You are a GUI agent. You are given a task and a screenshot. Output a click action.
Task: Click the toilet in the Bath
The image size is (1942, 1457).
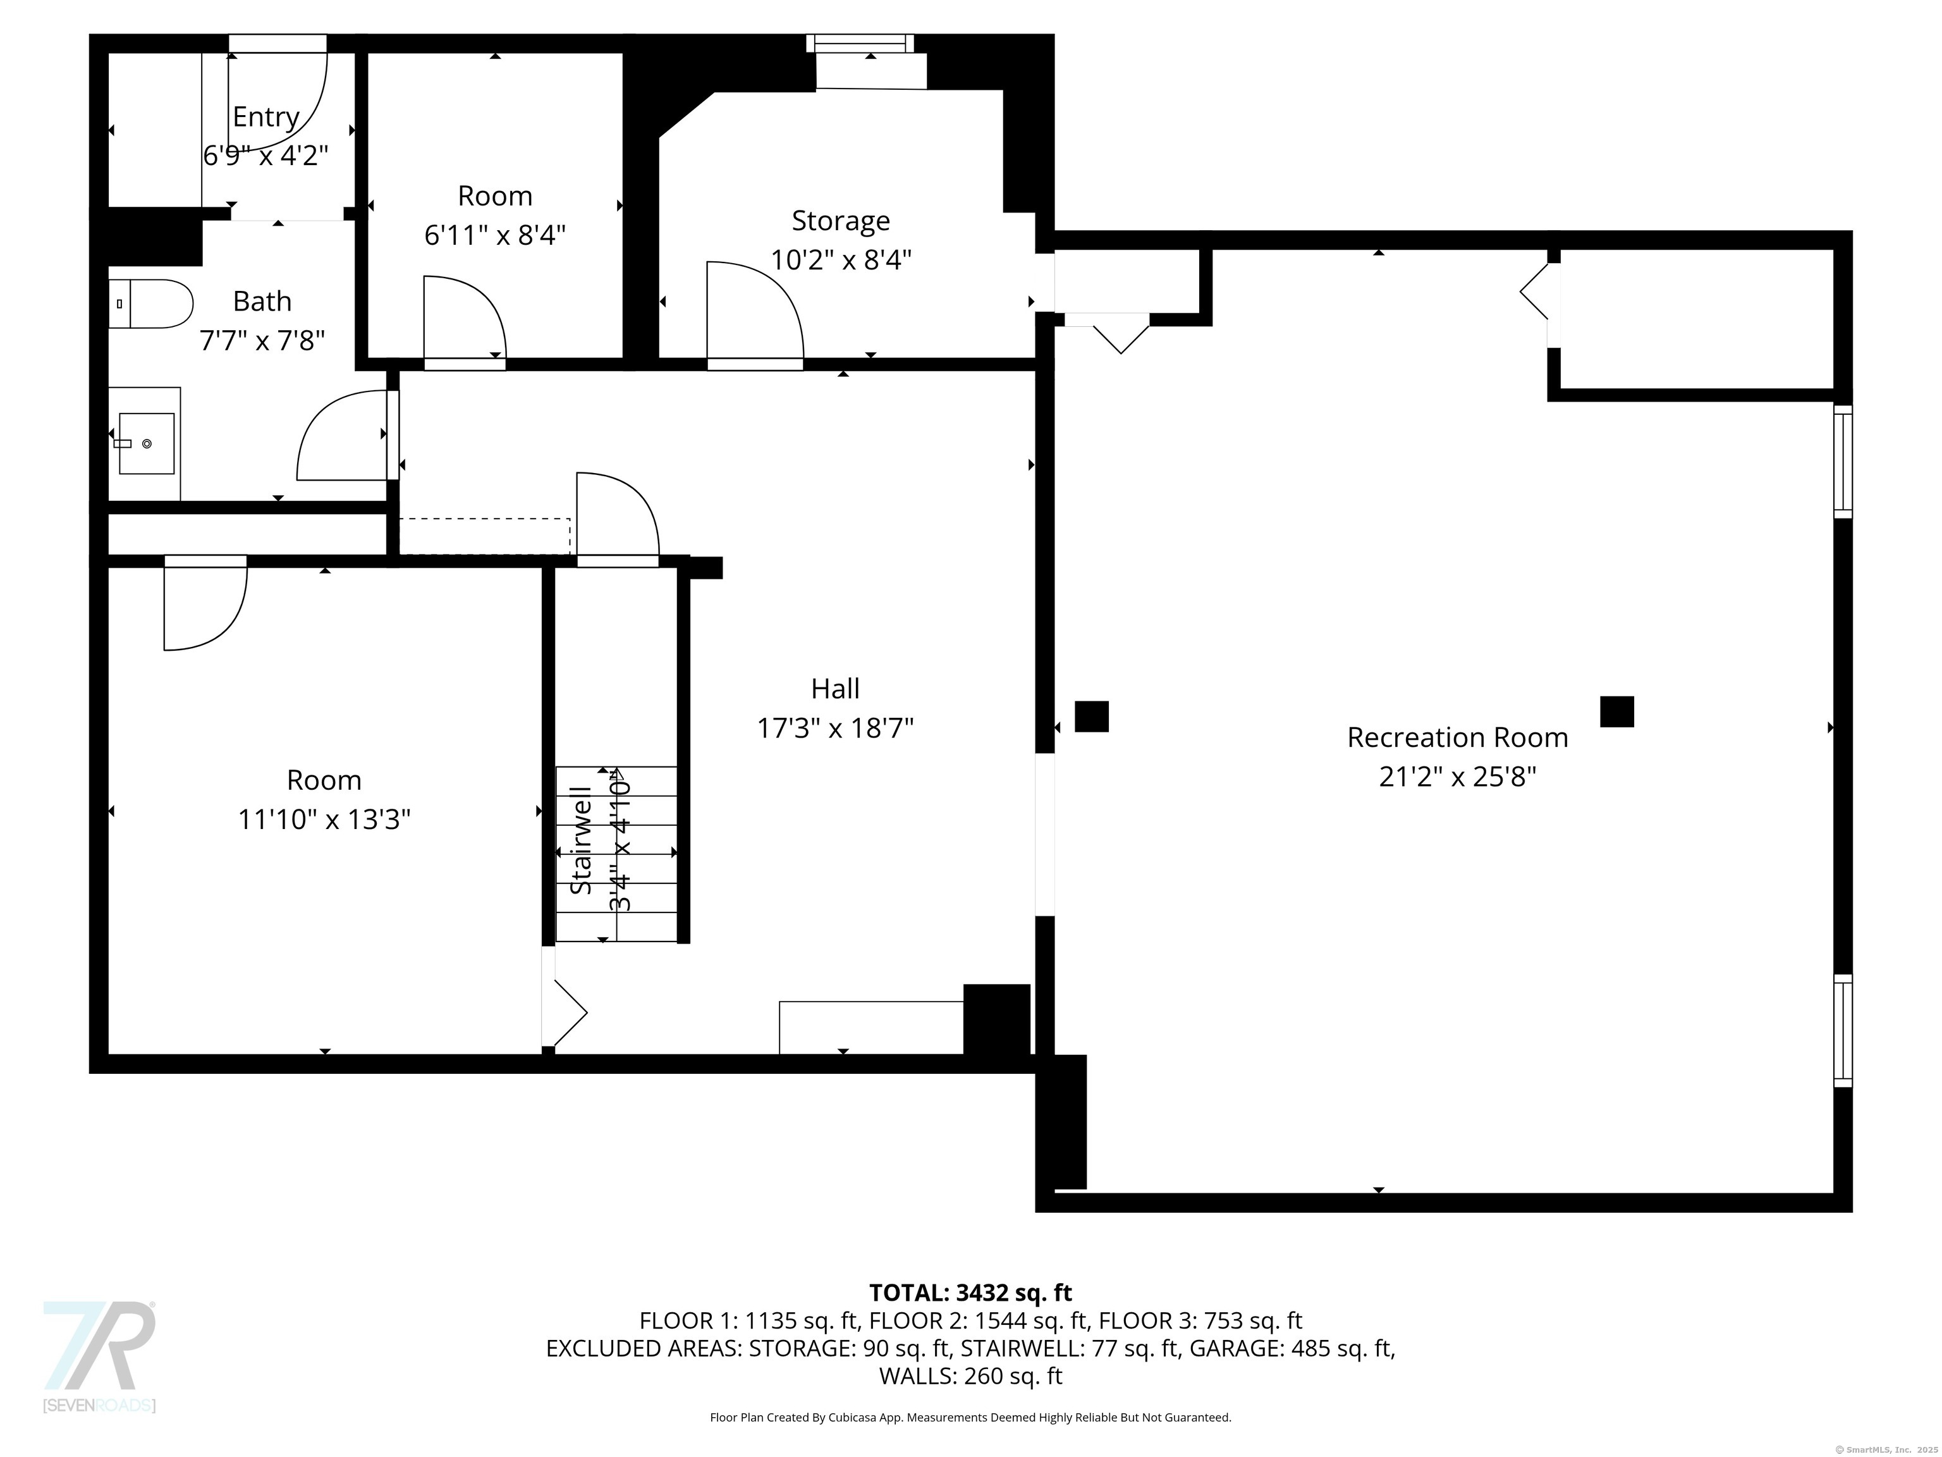click(x=151, y=304)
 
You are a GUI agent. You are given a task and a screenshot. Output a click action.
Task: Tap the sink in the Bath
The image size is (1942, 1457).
click(x=146, y=443)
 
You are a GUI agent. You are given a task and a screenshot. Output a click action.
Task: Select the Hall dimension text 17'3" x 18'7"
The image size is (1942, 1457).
click(x=835, y=728)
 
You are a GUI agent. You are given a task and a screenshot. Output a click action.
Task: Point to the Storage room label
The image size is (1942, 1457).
click(x=840, y=221)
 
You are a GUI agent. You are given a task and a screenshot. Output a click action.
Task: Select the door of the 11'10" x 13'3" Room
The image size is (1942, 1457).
click(x=205, y=604)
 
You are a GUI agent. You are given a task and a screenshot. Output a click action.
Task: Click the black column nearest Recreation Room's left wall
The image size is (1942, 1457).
click(x=1091, y=716)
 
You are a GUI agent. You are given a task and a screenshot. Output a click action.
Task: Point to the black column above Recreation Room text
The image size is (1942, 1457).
click(x=1616, y=711)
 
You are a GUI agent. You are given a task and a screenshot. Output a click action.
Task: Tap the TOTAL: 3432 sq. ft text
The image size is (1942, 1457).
click(x=970, y=1293)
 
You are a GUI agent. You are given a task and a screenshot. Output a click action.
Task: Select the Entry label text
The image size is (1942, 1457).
click(x=266, y=117)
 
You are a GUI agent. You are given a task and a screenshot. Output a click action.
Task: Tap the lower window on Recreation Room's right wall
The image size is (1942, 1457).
click(x=1842, y=1030)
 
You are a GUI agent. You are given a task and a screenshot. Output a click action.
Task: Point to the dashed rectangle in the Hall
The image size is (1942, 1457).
click(x=485, y=536)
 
